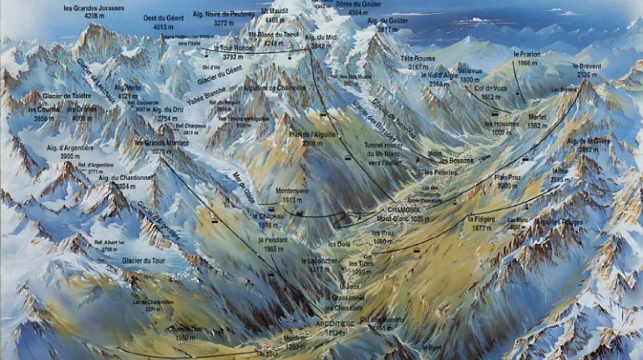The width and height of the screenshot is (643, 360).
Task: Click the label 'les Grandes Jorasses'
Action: (93, 8)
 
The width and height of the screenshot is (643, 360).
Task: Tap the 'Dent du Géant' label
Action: (163, 18)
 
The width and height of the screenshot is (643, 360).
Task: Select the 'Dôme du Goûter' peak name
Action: (358, 4)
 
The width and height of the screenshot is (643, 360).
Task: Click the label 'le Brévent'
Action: (587, 66)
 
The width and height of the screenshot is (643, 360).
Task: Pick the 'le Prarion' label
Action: (527, 55)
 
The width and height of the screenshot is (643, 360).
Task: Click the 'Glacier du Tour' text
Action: (143, 260)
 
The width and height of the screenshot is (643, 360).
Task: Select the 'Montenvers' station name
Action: (291, 191)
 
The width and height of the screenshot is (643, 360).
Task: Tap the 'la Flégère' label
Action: (480, 219)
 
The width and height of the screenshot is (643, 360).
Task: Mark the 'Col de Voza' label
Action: (495, 88)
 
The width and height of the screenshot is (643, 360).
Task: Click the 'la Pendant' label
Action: (273, 240)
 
